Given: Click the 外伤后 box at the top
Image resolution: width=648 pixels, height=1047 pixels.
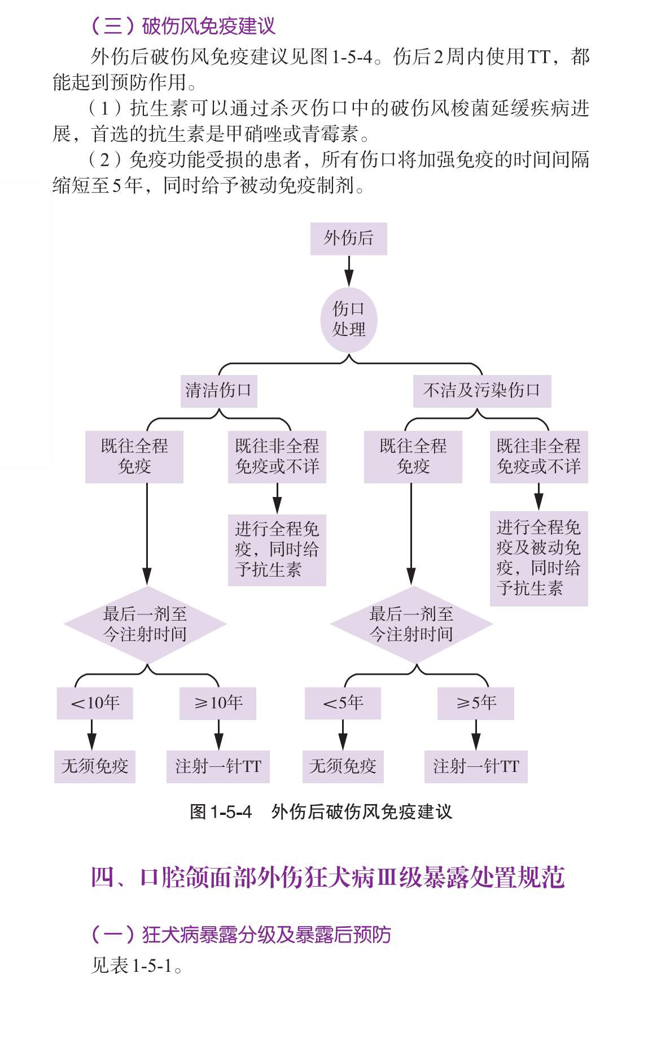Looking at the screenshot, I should (x=348, y=238).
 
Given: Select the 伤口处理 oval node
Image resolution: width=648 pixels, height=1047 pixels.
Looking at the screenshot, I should (x=348, y=319).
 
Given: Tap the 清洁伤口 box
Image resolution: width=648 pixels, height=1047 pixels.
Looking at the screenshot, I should (x=218, y=391).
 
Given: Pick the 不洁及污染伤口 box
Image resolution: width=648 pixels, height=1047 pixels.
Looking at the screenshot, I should (x=481, y=391).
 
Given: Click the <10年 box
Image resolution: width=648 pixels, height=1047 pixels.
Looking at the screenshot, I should (x=95, y=703).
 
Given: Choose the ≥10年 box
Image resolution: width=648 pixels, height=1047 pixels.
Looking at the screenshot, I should (x=218, y=703).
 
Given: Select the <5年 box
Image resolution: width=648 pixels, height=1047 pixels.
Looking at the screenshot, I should (x=343, y=703).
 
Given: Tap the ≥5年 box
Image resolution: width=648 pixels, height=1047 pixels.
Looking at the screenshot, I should (x=475, y=703).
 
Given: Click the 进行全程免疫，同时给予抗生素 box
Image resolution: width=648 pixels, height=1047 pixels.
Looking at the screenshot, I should (x=277, y=549).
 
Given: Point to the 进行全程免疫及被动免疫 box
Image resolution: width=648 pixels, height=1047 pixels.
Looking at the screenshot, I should (x=538, y=558).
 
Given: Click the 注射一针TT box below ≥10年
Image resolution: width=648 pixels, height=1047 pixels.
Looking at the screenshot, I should (x=218, y=766).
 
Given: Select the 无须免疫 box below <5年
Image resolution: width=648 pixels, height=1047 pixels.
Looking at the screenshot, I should (x=343, y=766).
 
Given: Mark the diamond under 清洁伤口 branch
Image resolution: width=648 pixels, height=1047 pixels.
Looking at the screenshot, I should (x=145, y=624).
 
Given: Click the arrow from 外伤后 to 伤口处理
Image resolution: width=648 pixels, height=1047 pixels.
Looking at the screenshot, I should (x=349, y=271).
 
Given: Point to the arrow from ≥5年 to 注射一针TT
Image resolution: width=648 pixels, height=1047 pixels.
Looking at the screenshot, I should (x=476, y=735).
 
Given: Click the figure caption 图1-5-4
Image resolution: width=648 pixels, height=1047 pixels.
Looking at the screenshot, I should (x=321, y=812).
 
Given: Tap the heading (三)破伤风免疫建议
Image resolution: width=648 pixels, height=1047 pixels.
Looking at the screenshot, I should (x=183, y=26).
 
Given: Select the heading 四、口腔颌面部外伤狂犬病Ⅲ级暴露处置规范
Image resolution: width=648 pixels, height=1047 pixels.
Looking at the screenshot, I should (x=327, y=878).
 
